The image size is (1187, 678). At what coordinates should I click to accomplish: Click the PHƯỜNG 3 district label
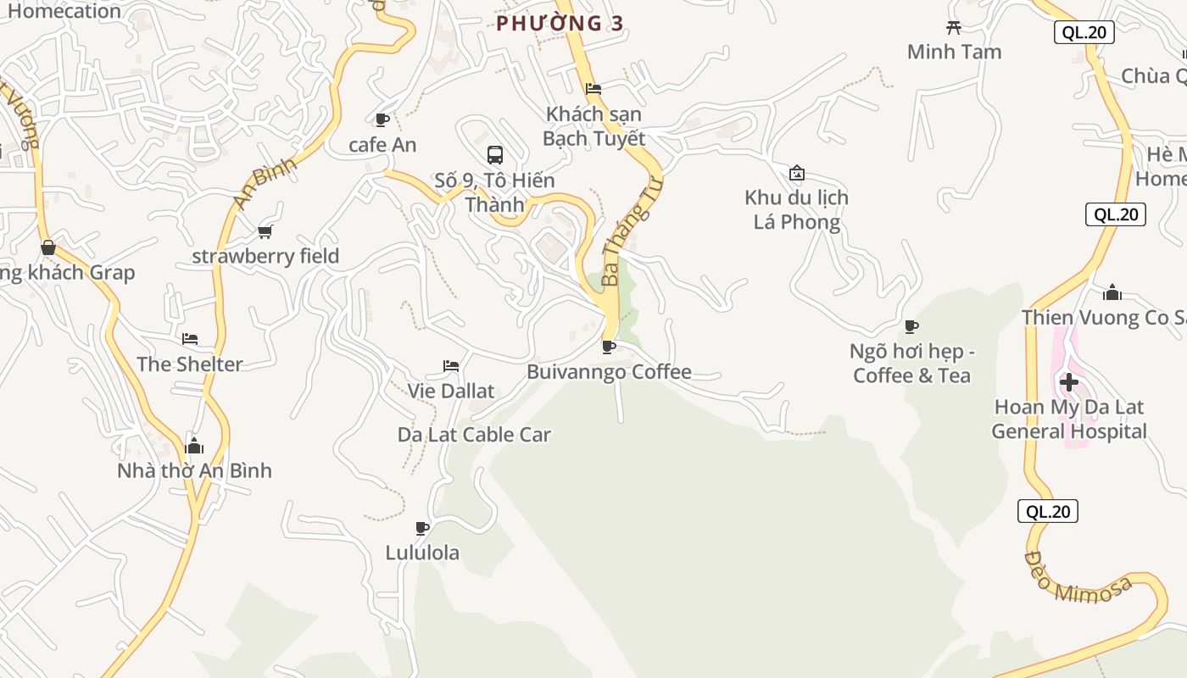tap(560, 24)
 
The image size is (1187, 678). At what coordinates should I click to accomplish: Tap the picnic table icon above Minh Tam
tap(954, 28)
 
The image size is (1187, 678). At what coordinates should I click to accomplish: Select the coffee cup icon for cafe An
tap(382, 119)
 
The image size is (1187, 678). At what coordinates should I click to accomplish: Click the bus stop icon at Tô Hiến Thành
tap(495, 155)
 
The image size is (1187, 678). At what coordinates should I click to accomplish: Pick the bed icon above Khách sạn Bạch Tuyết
tap(593, 88)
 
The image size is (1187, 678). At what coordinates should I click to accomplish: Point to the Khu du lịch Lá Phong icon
tap(797, 173)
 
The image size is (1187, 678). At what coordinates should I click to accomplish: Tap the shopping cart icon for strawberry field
tap(265, 231)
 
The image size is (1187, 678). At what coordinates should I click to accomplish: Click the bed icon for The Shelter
tap(190, 339)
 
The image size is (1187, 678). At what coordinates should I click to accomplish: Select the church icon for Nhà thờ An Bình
tap(194, 445)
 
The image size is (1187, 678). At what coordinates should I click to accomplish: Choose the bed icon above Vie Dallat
tap(451, 366)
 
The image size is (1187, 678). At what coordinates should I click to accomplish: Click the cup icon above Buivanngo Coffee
tap(608, 347)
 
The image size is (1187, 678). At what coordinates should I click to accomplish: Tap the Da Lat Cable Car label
tap(474, 435)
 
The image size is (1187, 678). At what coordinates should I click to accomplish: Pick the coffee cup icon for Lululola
tap(422, 528)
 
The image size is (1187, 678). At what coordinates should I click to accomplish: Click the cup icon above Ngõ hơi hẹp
tap(911, 326)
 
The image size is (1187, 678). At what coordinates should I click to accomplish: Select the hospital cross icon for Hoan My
tap(1069, 382)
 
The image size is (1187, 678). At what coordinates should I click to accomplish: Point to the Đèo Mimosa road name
tap(1078, 578)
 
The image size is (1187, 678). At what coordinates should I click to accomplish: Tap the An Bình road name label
tap(264, 182)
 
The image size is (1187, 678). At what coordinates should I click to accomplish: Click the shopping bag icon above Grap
tap(48, 247)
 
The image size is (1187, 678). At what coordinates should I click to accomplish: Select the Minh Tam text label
tap(954, 52)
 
